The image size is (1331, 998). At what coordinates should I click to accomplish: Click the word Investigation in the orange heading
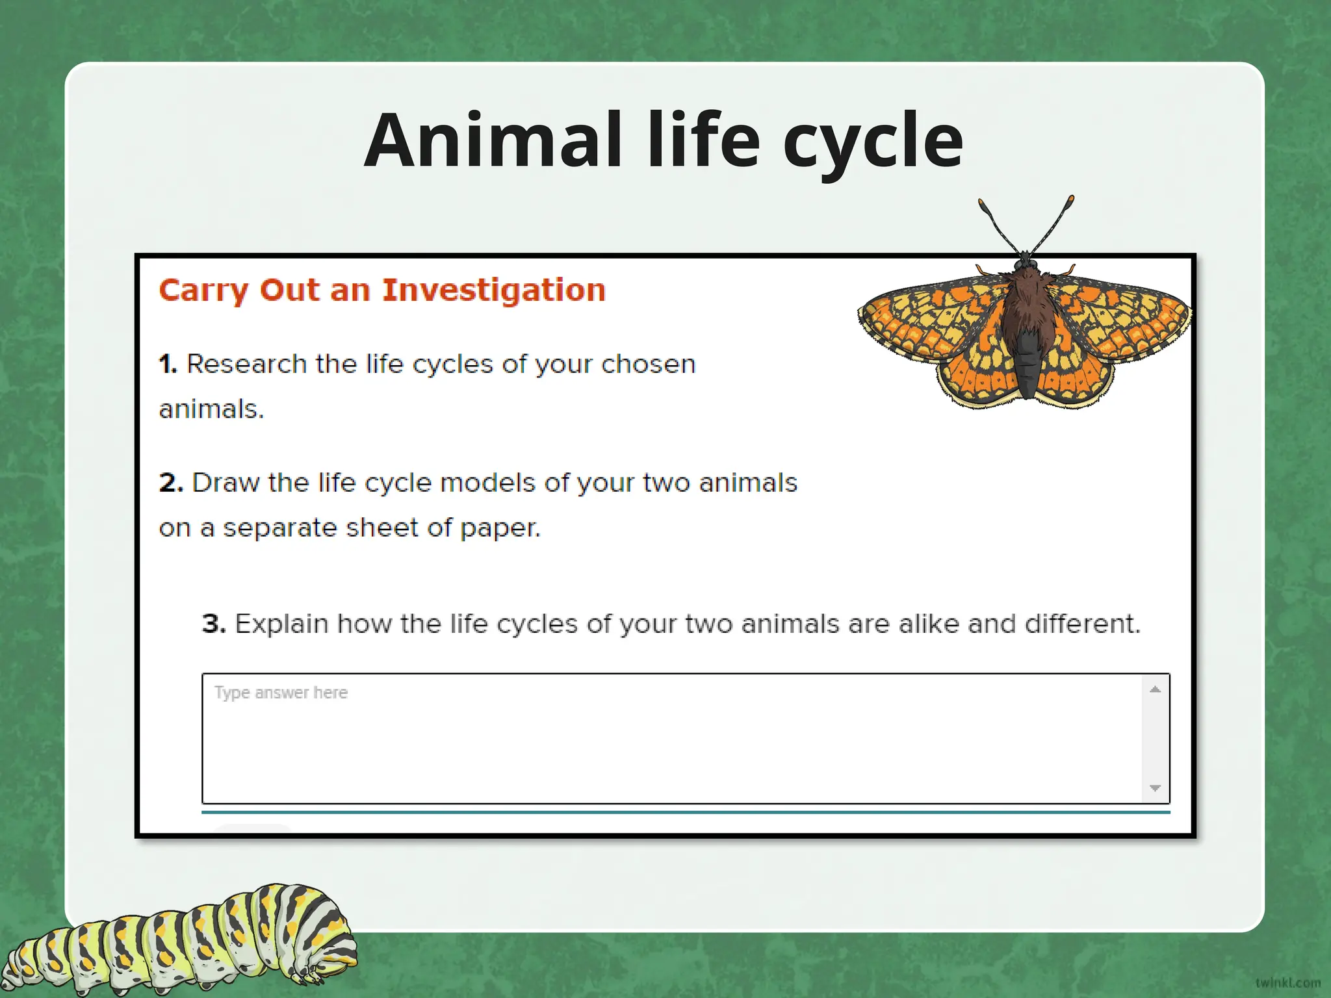tap(493, 290)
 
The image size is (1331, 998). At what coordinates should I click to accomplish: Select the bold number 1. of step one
tap(168, 364)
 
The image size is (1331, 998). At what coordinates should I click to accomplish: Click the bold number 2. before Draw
tap(171, 483)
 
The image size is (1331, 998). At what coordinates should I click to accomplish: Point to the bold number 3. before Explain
tap(214, 624)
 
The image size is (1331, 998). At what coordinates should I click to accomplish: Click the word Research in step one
tap(246, 364)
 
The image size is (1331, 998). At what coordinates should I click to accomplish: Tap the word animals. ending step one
tap(211, 409)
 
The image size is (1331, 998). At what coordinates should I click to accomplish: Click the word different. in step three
tap(1082, 624)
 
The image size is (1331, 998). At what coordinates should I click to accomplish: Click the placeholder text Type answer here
tap(281, 693)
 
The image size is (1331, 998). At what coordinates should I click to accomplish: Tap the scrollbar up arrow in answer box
tap(1155, 689)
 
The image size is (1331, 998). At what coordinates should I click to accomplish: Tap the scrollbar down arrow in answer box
tap(1155, 788)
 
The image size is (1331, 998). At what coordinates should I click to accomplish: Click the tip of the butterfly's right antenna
tap(1070, 199)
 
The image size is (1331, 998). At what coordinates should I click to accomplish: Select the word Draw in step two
tap(225, 483)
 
